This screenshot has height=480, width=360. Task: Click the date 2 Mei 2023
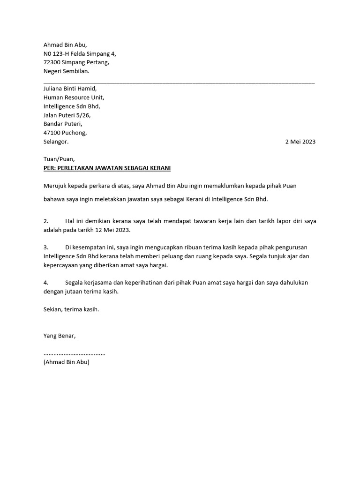pos(300,142)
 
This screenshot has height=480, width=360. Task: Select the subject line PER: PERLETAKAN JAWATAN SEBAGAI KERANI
pos(107,168)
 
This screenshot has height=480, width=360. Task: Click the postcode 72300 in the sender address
pos(52,62)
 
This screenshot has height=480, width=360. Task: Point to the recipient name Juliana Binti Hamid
pos(69,89)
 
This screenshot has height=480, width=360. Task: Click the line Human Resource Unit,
pos(74,97)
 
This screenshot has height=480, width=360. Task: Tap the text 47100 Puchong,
pos(65,133)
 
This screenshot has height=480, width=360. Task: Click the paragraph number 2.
pos(46,221)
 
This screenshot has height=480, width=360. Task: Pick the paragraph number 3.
pos(46,247)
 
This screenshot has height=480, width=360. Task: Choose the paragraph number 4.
pos(46,283)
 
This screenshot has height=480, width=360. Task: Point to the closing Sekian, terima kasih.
pos(71,309)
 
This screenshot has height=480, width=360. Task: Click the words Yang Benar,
pos(59,336)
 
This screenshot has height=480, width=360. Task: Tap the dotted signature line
pos(74,353)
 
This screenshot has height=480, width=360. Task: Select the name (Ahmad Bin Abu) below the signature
pos(66,362)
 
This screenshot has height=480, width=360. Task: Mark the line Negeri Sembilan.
pos(66,71)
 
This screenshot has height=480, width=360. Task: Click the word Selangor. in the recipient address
pos(56,142)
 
